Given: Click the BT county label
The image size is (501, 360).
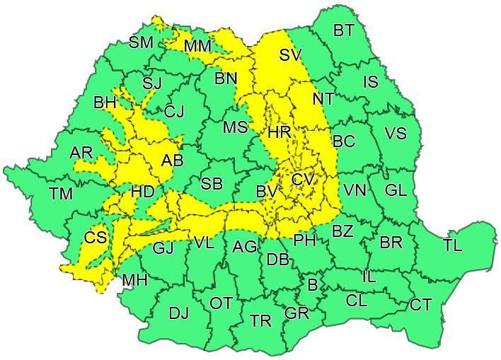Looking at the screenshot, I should (x=343, y=30).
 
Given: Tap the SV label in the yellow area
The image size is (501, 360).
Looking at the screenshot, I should (x=290, y=55).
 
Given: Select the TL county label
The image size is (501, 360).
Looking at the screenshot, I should (x=452, y=245).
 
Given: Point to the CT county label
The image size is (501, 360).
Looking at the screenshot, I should (x=420, y=305).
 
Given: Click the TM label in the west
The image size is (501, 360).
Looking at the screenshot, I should (x=60, y=193).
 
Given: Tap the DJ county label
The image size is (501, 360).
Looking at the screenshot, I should (x=178, y=313).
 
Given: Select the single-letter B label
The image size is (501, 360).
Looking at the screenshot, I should (x=312, y=285).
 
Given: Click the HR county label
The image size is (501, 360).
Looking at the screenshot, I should (x=279, y=132).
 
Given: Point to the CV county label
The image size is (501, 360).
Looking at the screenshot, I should (x=302, y=180).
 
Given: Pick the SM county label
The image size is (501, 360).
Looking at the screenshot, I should (x=141, y=42).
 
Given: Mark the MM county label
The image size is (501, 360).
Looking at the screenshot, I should (x=197, y=46).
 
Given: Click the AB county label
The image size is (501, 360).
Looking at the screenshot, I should (x=172, y=161).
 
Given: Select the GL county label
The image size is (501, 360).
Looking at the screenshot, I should (x=396, y=190).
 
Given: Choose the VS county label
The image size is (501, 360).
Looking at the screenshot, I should (x=396, y=133).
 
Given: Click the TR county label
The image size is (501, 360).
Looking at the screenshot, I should (x=260, y=321).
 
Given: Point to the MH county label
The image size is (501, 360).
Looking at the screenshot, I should (x=134, y=280).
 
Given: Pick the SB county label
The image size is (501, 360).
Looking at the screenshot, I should (x=212, y=184).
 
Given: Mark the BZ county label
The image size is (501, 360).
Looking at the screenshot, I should (x=342, y=231).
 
